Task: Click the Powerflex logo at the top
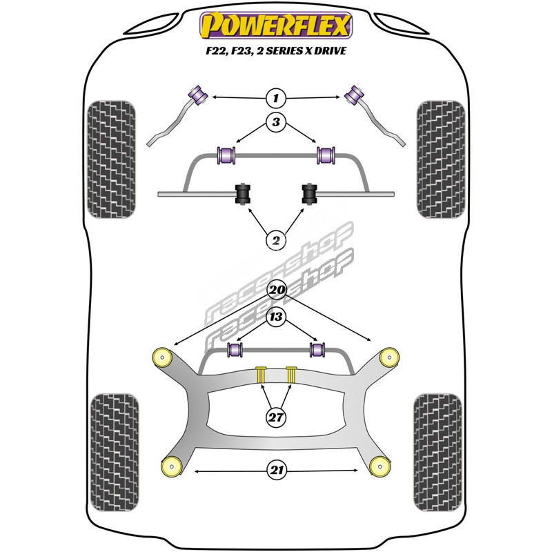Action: (276, 25)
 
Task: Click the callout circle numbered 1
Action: (276, 98)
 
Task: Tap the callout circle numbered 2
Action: (276, 241)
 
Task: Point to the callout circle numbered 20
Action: (276, 290)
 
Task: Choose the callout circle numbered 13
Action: (276, 317)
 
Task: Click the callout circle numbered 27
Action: (276, 416)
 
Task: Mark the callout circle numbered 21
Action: (276, 471)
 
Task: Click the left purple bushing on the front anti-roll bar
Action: (227, 156)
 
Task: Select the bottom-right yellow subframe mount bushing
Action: (379, 466)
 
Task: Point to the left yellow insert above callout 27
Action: (262, 374)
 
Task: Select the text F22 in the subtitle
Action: (206, 50)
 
